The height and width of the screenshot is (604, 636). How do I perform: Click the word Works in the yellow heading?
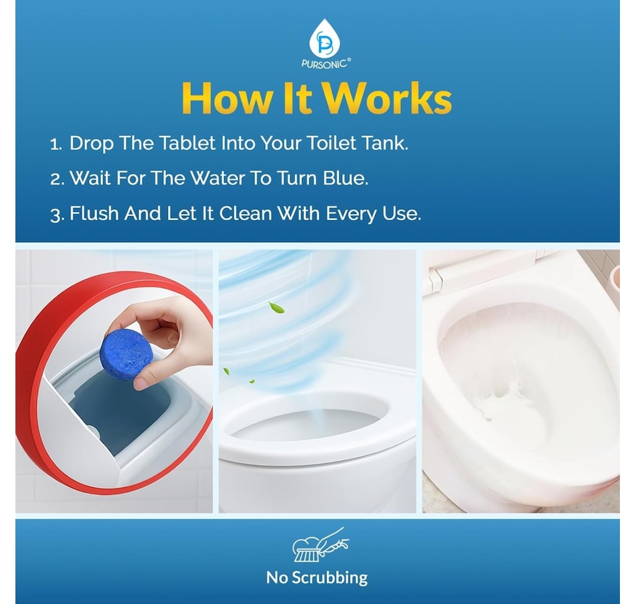click(x=388, y=98)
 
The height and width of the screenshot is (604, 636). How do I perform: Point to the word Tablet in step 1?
click(x=187, y=143)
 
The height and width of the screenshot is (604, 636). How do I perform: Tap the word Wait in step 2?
click(x=90, y=178)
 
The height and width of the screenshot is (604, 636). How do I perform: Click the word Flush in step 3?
click(x=94, y=213)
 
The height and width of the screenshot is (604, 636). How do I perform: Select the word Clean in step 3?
click(x=246, y=213)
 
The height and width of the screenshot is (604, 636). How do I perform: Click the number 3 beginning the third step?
click(x=57, y=215)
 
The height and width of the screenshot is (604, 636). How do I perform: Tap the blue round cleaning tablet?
click(x=126, y=355)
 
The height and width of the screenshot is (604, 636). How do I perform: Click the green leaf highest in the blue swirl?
click(x=276, y=308)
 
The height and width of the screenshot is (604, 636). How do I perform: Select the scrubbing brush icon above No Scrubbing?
click(x=321, y=544)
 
